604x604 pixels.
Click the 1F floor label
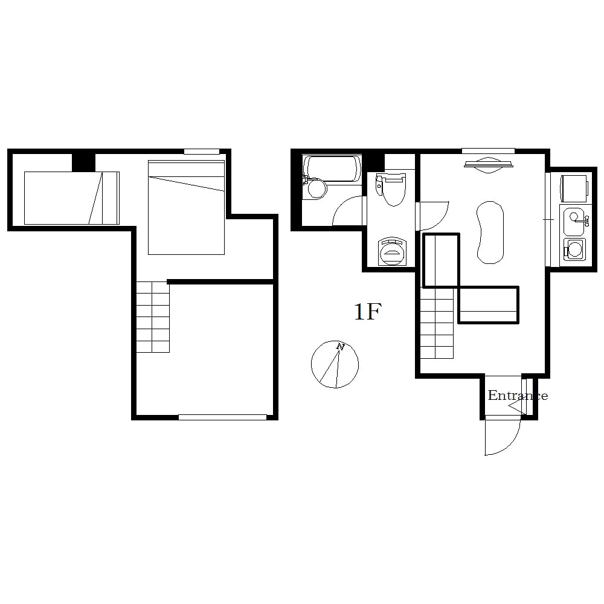[367, 312]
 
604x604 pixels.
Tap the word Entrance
[518, 395]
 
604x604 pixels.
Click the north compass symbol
[335, 364]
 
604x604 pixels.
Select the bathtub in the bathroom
[332, 169]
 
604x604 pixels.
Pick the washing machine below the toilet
[392, 251]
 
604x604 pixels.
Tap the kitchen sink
[574, 221]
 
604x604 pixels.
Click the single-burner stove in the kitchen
[574, 249]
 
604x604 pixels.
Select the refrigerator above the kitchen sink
[574, 188]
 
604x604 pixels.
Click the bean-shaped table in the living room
[490, 233]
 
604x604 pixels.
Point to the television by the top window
[489, 164]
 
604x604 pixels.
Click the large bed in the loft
[187, 207]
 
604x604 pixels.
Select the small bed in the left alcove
[72, 198]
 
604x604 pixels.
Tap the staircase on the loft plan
[153, 316]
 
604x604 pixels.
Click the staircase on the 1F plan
[437, 323]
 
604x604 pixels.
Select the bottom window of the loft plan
[222, 417]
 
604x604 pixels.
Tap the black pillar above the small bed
[83, 162]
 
